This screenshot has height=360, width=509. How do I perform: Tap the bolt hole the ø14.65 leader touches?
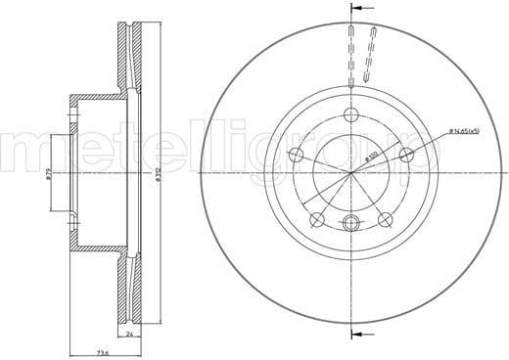pos(405,154)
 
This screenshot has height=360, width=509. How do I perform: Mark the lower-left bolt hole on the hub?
pos(317,219)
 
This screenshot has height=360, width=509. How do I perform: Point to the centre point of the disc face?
pos(350,174)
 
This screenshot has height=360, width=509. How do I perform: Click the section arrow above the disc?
pos(350,11)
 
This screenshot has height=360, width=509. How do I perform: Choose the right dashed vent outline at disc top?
pos(369,54)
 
